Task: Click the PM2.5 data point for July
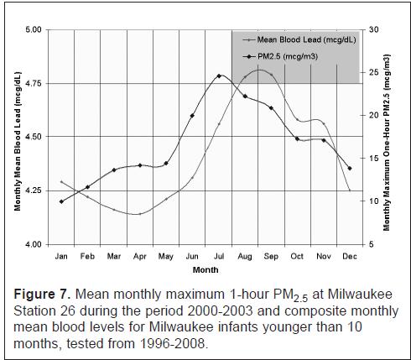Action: pyautogui.click(x=219, y=76)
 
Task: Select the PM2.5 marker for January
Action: pyautogui.click(x=61, y=201)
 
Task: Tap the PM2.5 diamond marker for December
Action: pyautogui.click(x=350, y=169)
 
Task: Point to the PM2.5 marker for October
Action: pyautogui.click(x=298, y=138)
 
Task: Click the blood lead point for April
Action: pyautogui.click(x=140, y=214)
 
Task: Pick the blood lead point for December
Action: pyautogui.click(x=350, y=190)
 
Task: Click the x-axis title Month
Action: pyautogui.click(x=205, y=270)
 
